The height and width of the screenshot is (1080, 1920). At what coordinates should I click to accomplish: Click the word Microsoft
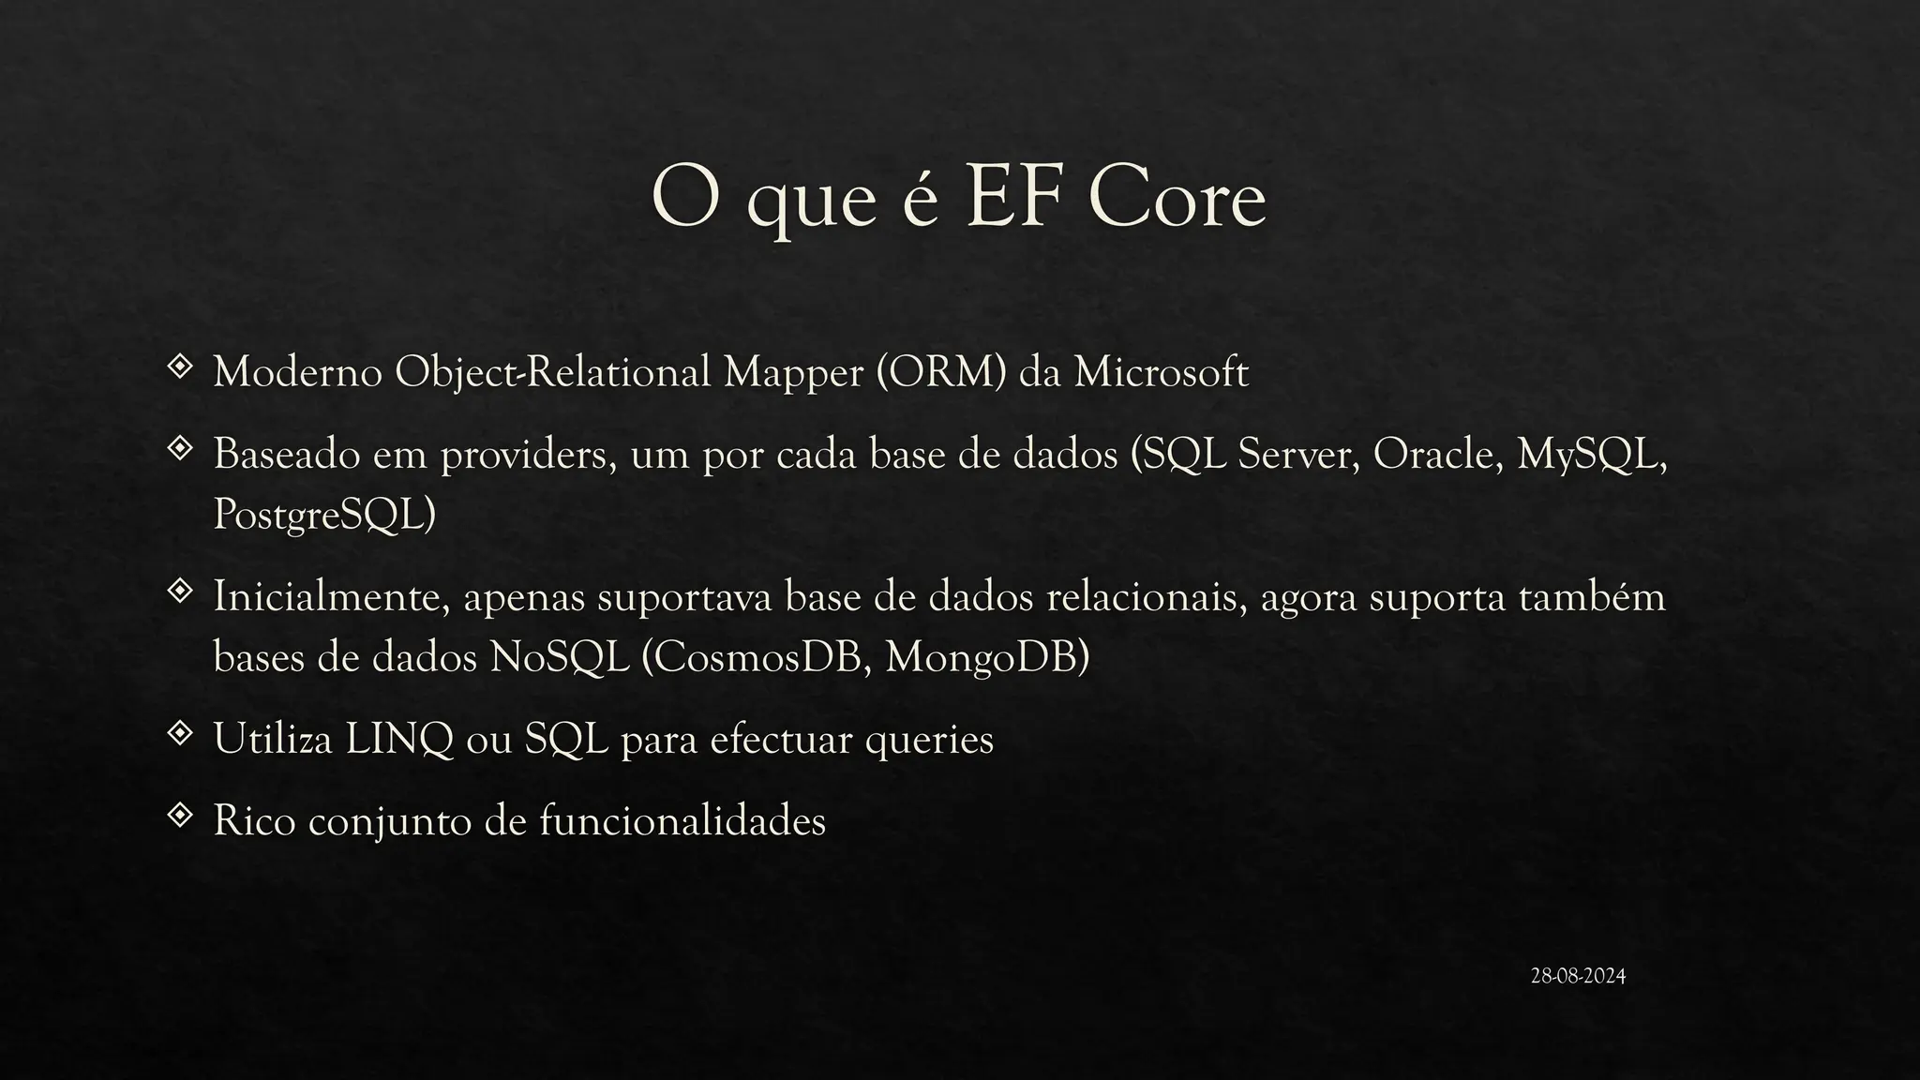(1161, 372)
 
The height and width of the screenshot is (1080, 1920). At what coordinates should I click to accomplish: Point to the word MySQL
(1591, 457)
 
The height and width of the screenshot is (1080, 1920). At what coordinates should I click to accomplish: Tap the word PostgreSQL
(323, 515)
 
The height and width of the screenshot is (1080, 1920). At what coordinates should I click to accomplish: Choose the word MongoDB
(986, 657)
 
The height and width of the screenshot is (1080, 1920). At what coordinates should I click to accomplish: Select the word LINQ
(399, 740)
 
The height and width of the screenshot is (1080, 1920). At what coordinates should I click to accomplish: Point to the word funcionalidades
(682, 821)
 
